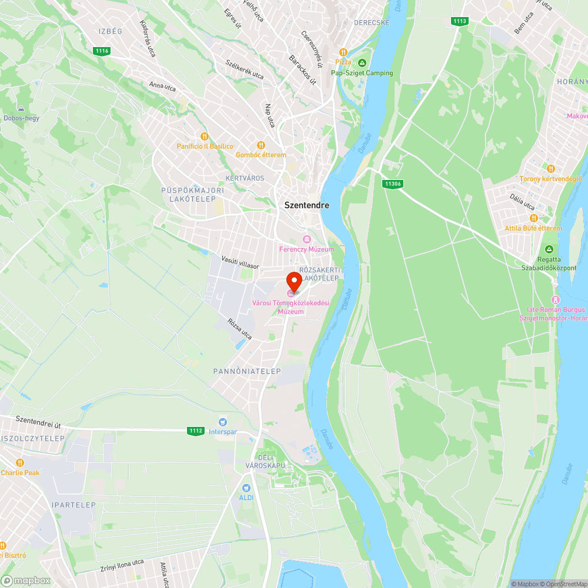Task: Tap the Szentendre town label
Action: pyautogui.click(x=307, y=205)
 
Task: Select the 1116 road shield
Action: pyautogui.click(x=102, y=51)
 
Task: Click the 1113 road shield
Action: pyautogui.click(x=460, y=21)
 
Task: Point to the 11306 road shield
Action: pyautogui.click(x=392, y=184)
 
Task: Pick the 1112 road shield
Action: pyautogui.click(x=196, y=431)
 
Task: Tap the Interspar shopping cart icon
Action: pyautogui.click(x=222, y=422)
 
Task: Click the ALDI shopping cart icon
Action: pyautogui.click(x=246, y=487)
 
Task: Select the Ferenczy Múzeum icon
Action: pyautogui.click(x=306, y=239)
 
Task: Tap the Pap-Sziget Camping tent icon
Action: pyautogui.click(x=362, y=63)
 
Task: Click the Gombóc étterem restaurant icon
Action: pyautogui.click(x=261, y=145)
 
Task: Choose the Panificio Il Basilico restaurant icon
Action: pyautogui.click(x=205, y=136)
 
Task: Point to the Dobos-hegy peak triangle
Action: pyautogui.click(x=21, y=109)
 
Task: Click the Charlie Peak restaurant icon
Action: pyautogui.click(x=21, y=463)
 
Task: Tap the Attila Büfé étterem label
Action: pyautogui.click(x=533, y=228)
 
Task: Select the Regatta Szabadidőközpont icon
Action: pyautogui.click(x=549, y=249)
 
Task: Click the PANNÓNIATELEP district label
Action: pyautogui.click(x=247, y=372)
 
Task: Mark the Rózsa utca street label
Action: pyautogui.click(x=239, y=329)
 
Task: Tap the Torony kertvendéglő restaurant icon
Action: pyautogui.click(x=550, y=169)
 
